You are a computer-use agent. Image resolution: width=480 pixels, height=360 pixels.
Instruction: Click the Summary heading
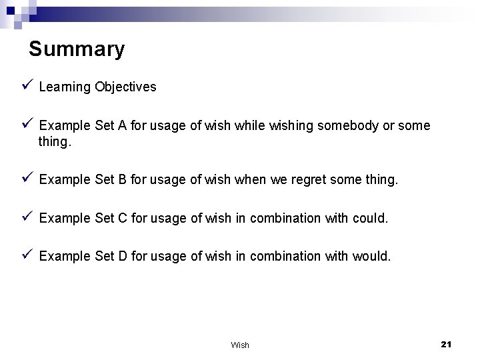[x=77, y=49]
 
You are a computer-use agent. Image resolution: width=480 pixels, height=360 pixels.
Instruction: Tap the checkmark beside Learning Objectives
[x=27, y=85]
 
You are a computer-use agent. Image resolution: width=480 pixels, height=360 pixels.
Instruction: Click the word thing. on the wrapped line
[x=54, y=141]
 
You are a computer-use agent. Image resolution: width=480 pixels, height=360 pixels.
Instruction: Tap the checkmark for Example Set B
[x=27, y=179]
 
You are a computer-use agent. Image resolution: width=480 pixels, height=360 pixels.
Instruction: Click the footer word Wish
[x=239, y=345]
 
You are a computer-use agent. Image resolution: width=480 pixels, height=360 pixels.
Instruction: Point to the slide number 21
[x=446, y=344]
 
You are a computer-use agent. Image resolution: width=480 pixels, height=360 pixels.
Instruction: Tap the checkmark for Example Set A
[x=27, y=125]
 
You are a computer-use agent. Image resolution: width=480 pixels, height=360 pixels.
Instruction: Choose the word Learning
[x=65, y=87]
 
